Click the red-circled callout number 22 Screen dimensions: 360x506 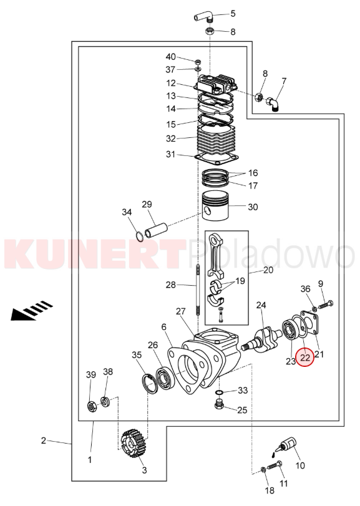click(x=305, y=358)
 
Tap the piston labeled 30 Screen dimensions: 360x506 click(x=215, y=207)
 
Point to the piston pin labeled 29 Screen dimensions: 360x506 click(x=156, y=229)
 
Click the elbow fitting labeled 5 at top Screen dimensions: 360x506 click(x=203, y=16)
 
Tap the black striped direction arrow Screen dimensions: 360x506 click(x=32, y=310)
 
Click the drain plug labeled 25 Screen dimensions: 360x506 click(x=220, y=404)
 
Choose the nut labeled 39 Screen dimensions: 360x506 click(x=92, y=407)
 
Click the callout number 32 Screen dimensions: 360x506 click(x=171, y=139)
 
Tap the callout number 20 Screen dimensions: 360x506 click(x=268, y=270)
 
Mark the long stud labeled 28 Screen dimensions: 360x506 click(x=197, y=289)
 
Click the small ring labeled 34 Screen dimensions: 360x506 click(x=139, y=236)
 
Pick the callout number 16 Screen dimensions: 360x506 click(x=253, y=173)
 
